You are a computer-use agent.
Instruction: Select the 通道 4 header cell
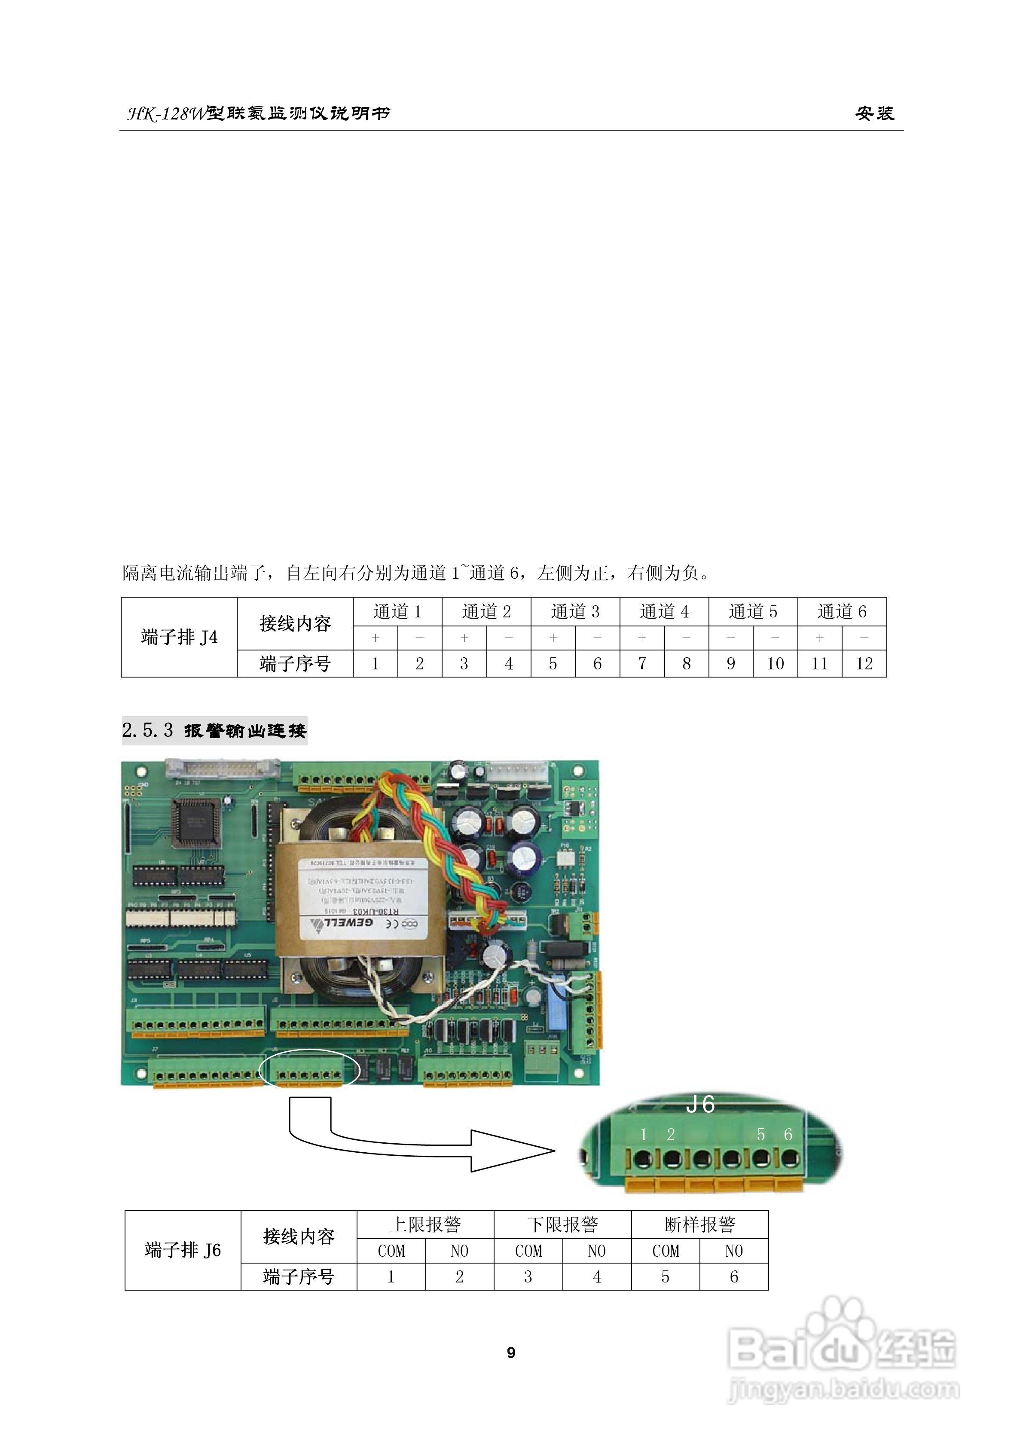[664, 611]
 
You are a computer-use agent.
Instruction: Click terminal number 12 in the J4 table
[864, 664]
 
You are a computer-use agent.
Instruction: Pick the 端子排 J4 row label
[179, 637]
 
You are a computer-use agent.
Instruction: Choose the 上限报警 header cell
[425, 1224]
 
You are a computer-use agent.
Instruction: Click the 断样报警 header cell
[699, 1224]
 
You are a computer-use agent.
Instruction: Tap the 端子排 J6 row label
[183, 1250]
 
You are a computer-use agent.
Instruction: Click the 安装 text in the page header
[874, 113]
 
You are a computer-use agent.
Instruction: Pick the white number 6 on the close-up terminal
[788, 1134]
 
